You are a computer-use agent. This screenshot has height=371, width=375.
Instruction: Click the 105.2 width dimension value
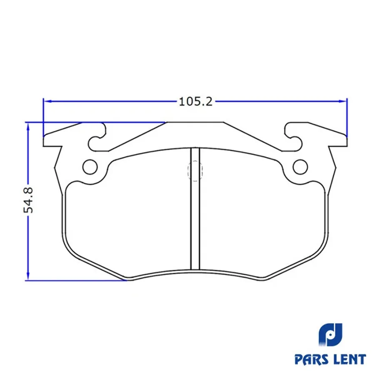pos(195,102)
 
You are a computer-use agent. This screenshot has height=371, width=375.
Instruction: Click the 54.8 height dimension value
pos(28,200)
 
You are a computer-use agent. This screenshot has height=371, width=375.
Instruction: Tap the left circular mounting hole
pos(90,167)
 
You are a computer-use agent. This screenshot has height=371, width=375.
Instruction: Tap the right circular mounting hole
pos(300,167)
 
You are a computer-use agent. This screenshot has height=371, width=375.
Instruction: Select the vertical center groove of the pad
pos(195,208)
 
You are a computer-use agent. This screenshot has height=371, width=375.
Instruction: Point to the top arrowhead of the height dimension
pos(28,127)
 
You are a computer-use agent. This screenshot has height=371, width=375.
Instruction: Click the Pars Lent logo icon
pos(330,334)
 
